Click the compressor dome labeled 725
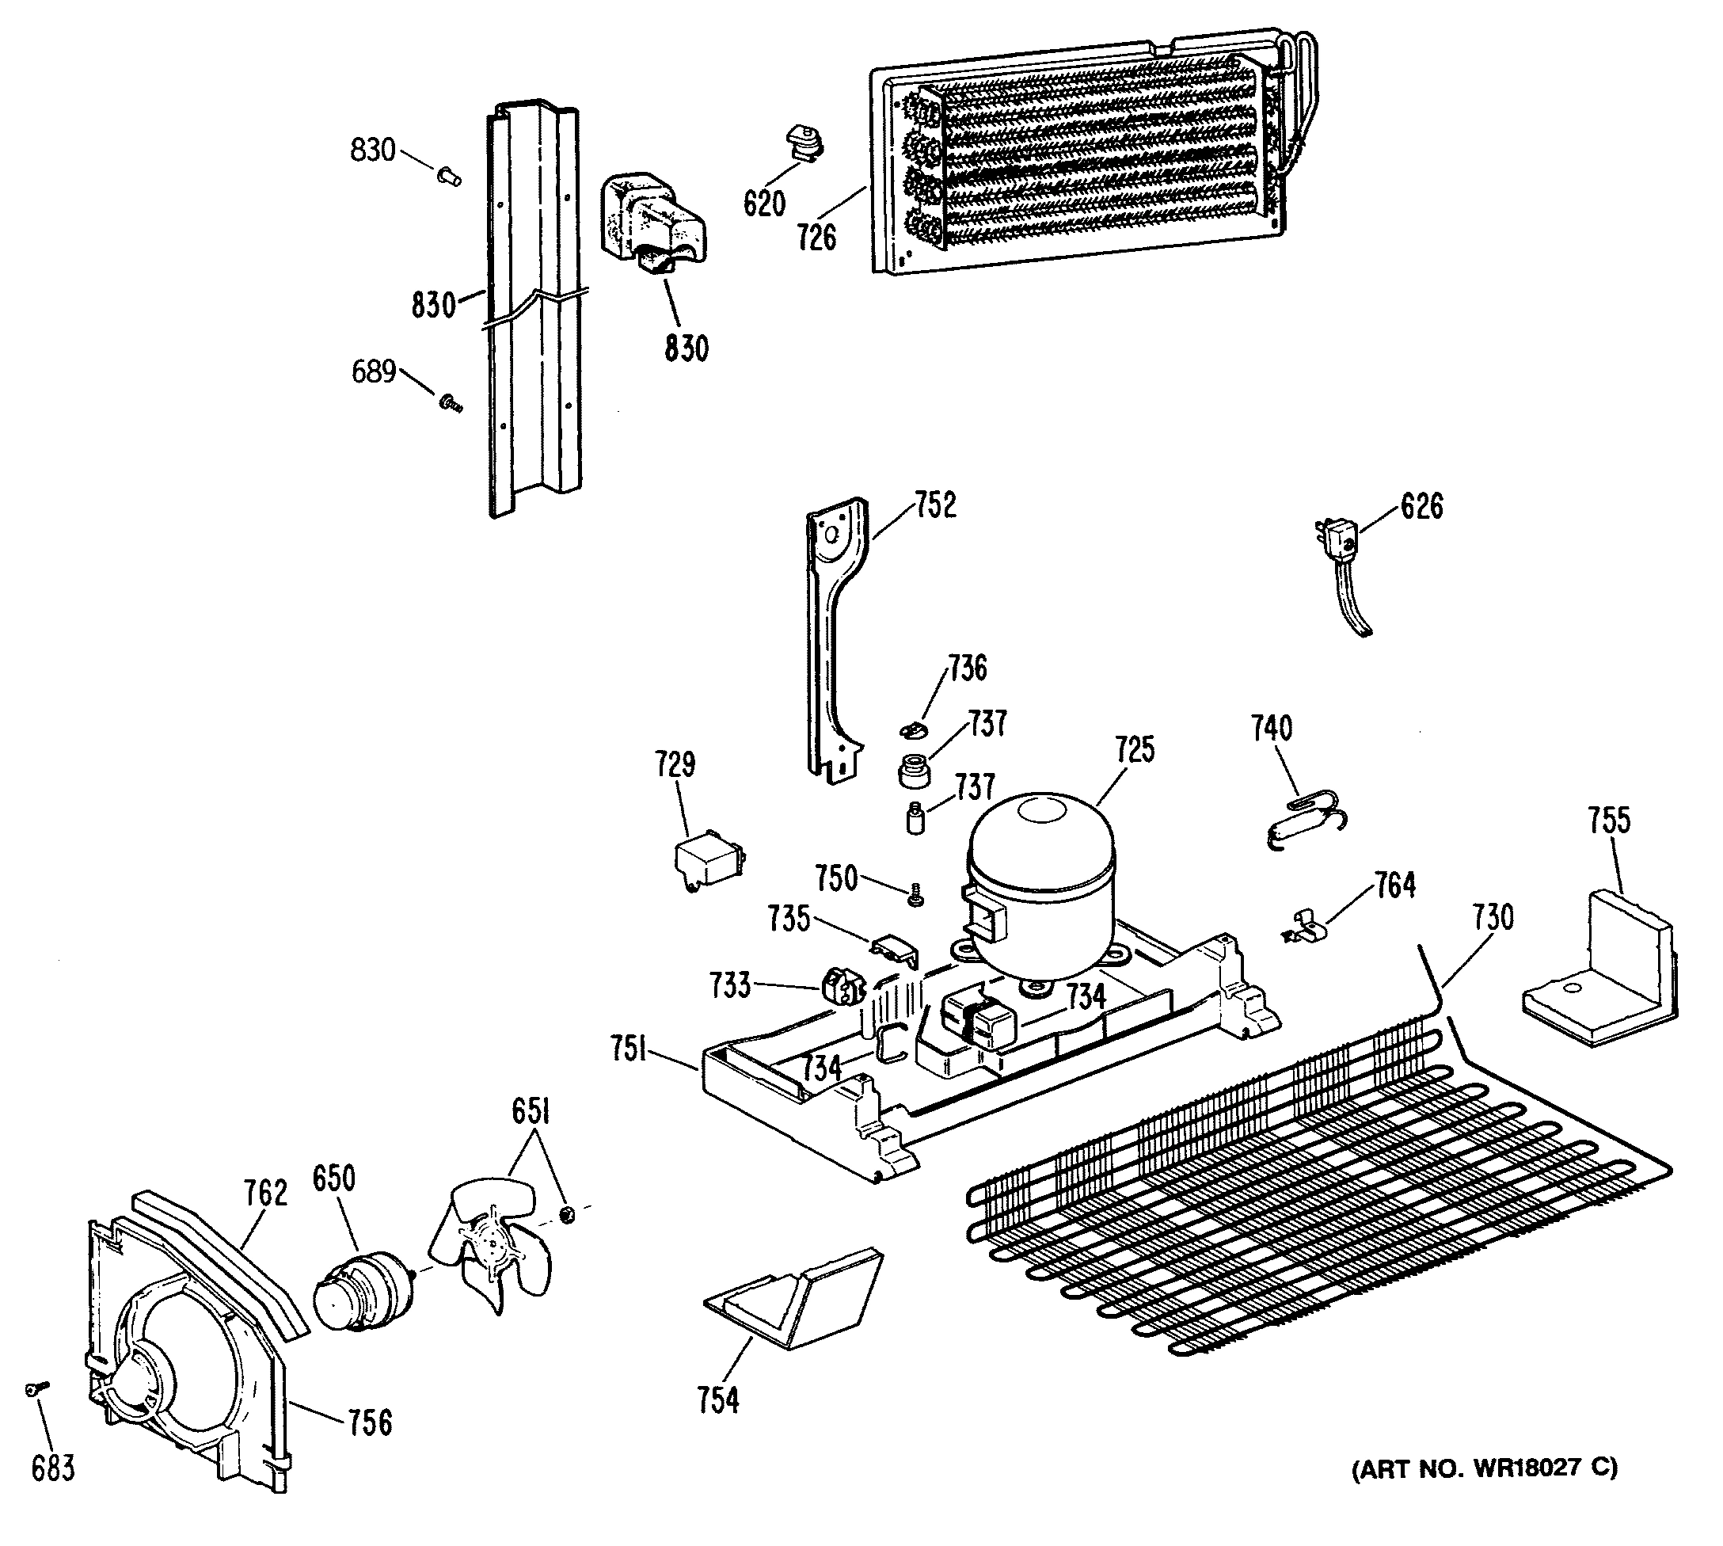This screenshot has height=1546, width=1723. click(x=1040, y=879)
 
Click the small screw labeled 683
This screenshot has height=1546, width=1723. click(x=36, y=1387)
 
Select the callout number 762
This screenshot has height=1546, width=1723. click(x=266, y=1194)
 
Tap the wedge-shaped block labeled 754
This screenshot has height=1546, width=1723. click(x=794, y=1300)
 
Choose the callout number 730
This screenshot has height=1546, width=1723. click(x=1493, y=918)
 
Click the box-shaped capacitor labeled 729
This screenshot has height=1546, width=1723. click(x=706, y=862)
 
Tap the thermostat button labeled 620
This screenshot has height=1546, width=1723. click(x=801, y=142)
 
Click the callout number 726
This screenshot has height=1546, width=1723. click(x=816, y=238)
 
